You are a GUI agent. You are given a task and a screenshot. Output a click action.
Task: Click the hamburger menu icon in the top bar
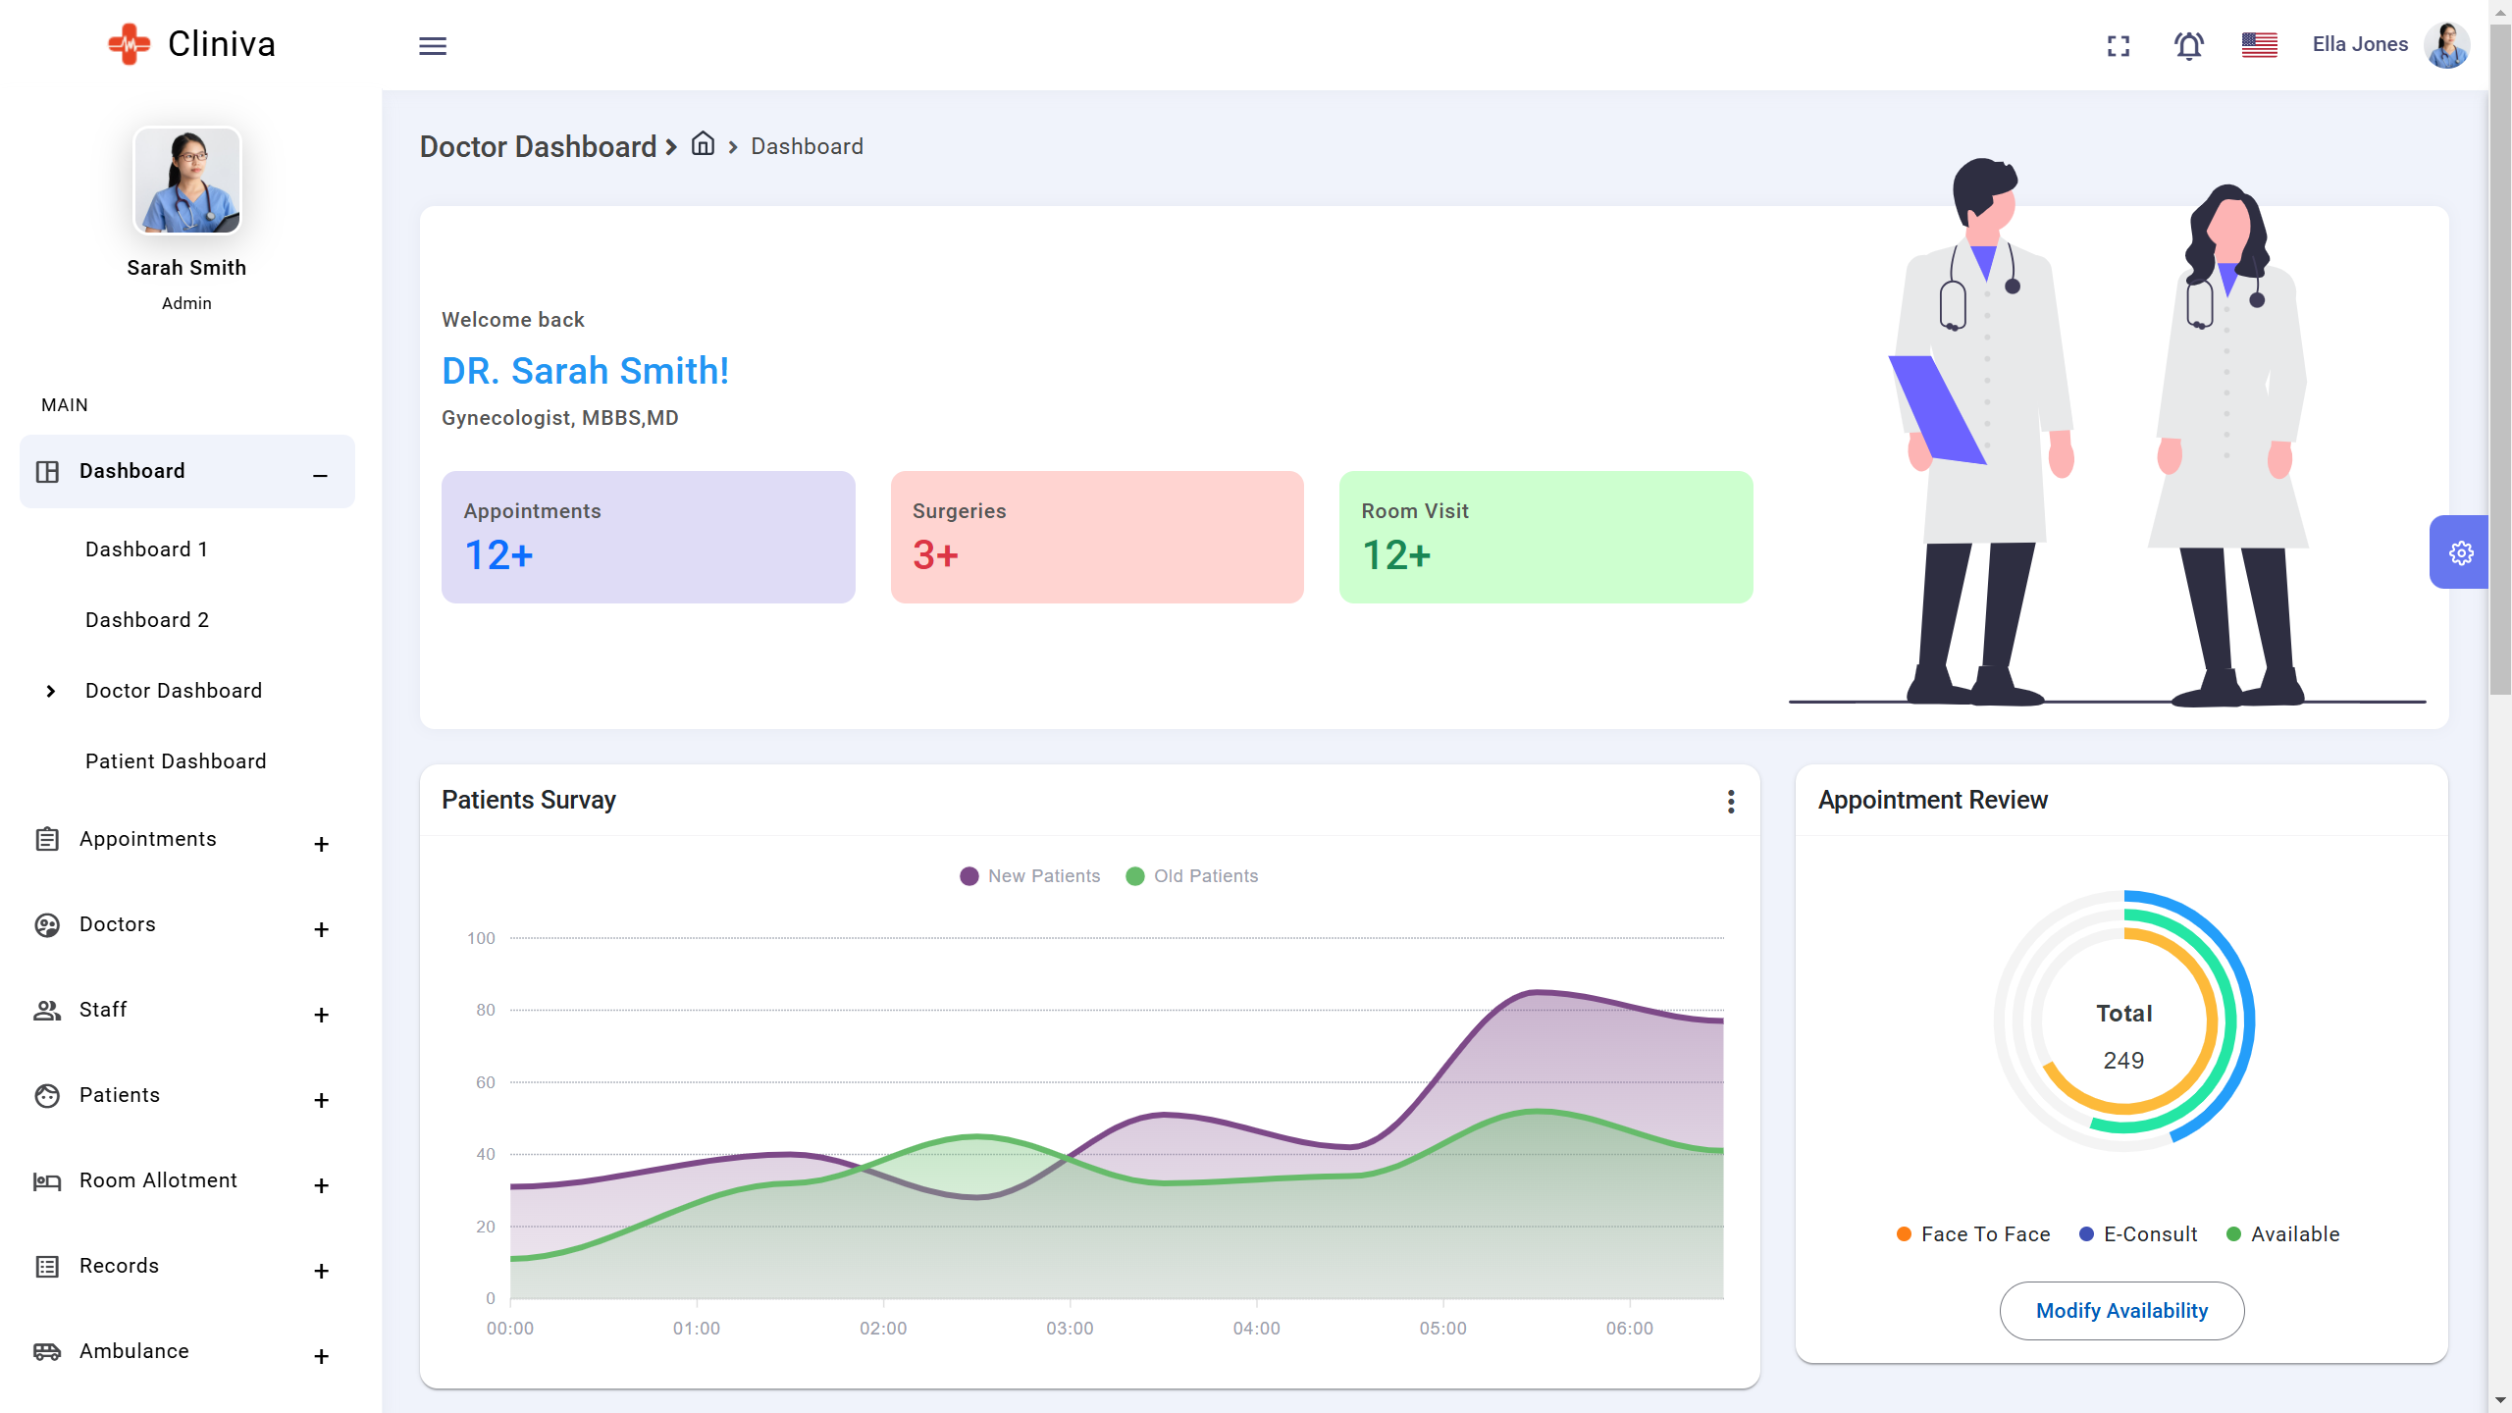[433, 46]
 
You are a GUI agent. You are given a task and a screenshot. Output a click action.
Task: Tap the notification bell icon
[2188, 46]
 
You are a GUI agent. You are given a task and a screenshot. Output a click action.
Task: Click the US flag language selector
[2259, 45]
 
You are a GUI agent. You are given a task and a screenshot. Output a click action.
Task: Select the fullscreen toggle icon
[2119, 46]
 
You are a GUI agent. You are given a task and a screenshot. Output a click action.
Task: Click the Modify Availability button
[2121, 1311]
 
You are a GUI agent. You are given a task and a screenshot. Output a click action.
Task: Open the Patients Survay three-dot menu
[1731, 802]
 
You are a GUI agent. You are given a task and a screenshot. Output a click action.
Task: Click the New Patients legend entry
[1030, 876]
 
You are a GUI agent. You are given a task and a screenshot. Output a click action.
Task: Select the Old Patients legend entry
[1192, 876]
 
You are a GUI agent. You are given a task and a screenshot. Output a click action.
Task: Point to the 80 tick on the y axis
[486, 1010]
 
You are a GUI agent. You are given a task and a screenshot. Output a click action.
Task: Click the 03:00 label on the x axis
[1070, 1329]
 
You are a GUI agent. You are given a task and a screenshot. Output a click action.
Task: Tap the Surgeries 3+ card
[1097, 537]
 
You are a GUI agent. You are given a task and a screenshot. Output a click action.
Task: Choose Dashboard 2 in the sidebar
[147, 620]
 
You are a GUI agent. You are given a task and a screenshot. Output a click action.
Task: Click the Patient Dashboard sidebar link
[176, 761]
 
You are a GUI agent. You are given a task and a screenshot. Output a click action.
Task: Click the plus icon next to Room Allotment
[321, 1185]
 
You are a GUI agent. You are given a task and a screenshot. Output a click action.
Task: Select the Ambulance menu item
[134, 1351]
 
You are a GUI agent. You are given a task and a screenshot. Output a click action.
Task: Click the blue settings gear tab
[2460, 552]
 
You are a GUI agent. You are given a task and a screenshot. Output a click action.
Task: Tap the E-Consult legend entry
[2139, 1234]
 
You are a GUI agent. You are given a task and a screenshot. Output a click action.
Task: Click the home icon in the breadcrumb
[703, 144]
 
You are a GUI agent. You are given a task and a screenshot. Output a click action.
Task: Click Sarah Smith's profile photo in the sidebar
[187, 182]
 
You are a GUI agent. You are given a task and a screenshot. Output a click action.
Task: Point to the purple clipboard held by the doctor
[1936, 407]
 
